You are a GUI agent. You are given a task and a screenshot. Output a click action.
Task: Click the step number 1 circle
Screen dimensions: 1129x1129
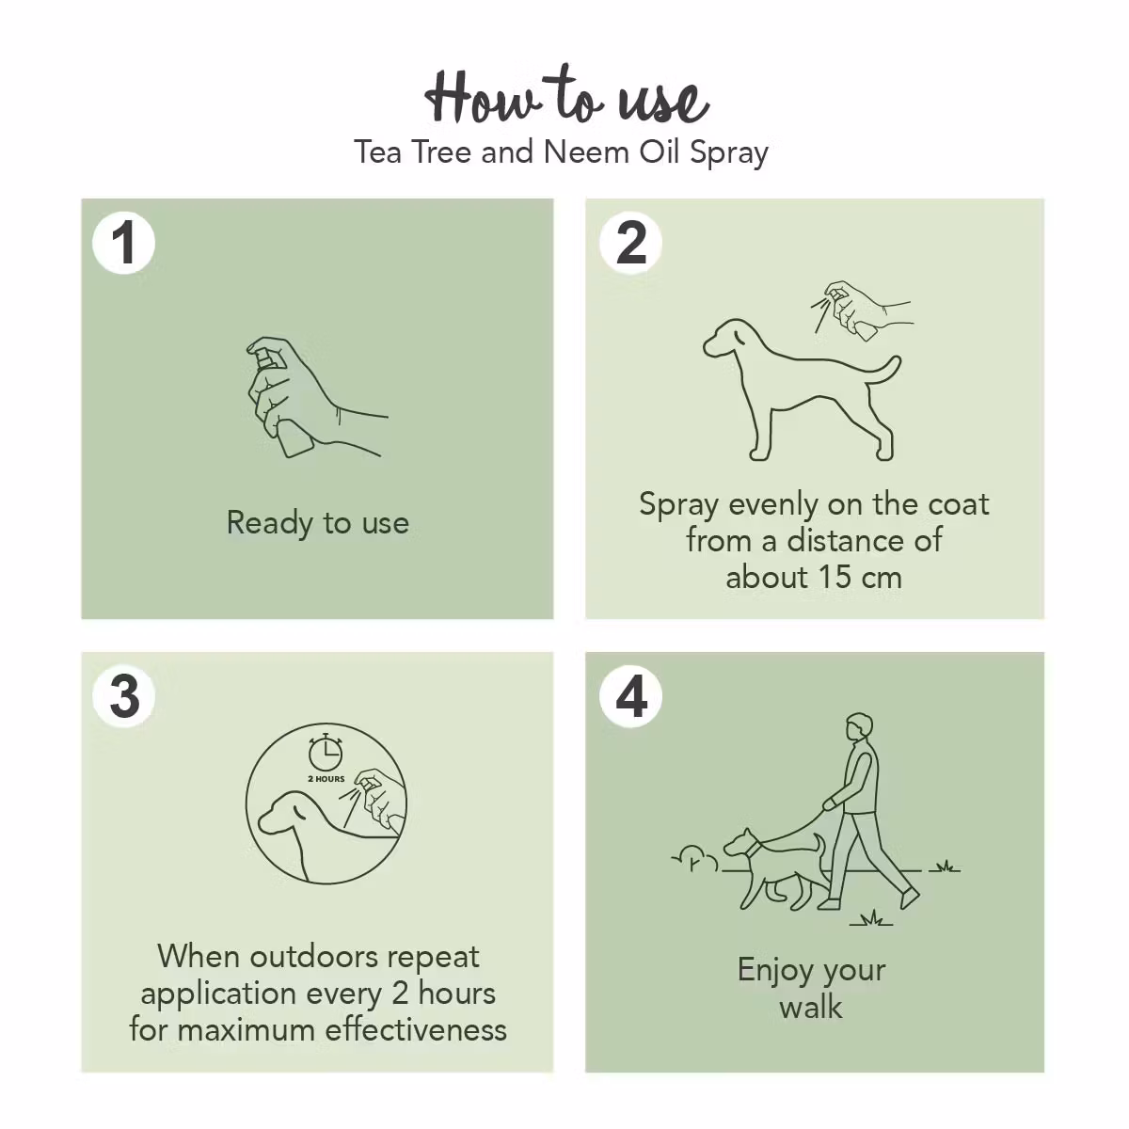coord(124,244)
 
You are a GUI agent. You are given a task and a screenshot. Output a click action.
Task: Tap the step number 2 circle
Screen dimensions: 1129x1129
coord(630,244)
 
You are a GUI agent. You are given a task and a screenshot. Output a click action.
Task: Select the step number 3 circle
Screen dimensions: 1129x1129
coord(124,697)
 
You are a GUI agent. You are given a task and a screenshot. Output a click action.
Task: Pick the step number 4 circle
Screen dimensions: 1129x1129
coord(630,697)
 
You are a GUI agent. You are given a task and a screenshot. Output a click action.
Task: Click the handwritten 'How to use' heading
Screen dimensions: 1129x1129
coord(564,97)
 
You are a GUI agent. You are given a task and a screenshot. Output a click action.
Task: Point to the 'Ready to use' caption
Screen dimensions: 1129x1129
coord(318,523)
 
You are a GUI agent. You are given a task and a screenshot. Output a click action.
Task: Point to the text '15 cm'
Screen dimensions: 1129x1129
coord(858,577)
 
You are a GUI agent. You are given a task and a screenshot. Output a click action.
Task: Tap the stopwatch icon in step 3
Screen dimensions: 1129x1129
coord(326,753)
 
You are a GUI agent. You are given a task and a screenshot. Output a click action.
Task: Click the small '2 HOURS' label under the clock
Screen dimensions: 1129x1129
coord(326,779)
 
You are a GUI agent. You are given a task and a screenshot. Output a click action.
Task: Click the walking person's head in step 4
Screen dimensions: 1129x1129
coord(858,728)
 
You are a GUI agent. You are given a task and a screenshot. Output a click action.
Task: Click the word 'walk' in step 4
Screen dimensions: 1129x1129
coord(811,1008)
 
